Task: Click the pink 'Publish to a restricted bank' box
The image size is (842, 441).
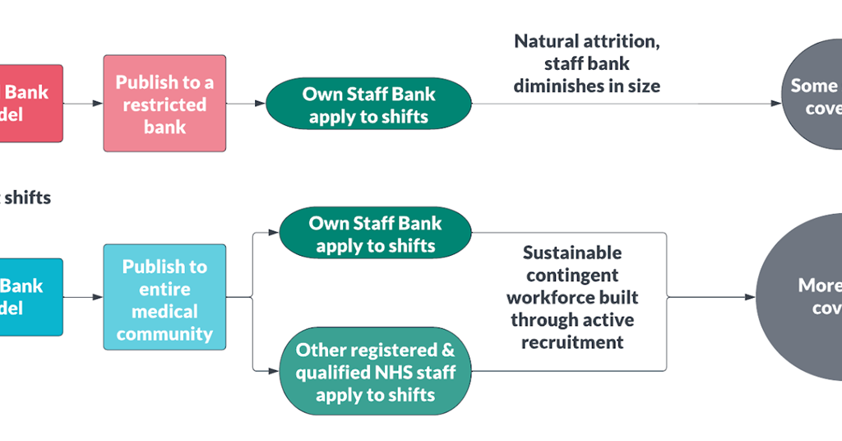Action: pyautogui.click(x=164, y=104)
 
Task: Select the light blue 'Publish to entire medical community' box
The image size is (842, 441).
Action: pyautogui.click(x=164, y=300)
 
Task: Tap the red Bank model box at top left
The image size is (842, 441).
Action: pyautogui.click(x=30, y=104)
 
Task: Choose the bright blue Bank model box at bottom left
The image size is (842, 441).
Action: pyautogui.click(x=30, y=297)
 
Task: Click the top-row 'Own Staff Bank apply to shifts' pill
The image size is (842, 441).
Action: pyautogui.click(x=368, y=104)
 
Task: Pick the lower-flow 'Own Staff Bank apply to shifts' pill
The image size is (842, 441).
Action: pyautogui.click(x=375, y=234)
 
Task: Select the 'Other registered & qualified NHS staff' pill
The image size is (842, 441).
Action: pyautogui.click(x=375, y=372)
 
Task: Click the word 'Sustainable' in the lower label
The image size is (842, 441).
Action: pyautogui.click(x=572, y=253)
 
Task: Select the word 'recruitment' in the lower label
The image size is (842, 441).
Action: pyautogui.click(x=572, y=342)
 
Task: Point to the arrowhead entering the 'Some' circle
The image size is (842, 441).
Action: pyautogui.click(x=776, y=104)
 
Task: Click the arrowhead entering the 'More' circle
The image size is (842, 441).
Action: pyautogui.click(x=751, y=297)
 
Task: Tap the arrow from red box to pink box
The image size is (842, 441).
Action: pyautogui.click(x=83, y=104)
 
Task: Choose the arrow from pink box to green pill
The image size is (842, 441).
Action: pyautogui.click(x=246, y=104)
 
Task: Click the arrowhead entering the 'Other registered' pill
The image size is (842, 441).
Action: pyautogui.click(x=275, y=372)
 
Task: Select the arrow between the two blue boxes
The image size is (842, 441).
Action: pyautogui.click(x=83, y=297)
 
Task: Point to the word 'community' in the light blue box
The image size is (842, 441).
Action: pyautogui.click(x=164, y=334)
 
